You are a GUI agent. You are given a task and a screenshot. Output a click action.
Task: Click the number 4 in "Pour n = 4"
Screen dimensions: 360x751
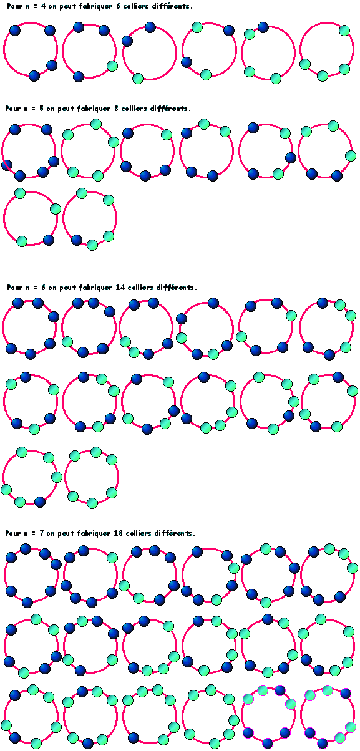pos(43,6)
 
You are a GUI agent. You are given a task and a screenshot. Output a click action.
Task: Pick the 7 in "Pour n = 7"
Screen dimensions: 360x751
pos(41,533)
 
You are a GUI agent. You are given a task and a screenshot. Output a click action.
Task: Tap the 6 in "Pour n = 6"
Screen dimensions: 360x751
pos(43,288)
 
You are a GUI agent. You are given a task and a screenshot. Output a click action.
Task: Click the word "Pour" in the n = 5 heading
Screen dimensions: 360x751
pos(12,109)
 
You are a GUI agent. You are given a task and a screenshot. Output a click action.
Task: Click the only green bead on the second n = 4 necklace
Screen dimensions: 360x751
pos(112,66)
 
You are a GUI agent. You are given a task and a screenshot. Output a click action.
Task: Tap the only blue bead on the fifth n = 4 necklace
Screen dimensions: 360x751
pos(263,27)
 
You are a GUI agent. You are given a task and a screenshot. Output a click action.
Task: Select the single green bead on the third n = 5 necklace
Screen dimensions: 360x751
pos(167,135)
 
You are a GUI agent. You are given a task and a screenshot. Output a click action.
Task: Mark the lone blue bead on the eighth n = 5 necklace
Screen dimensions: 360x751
pos(77,240)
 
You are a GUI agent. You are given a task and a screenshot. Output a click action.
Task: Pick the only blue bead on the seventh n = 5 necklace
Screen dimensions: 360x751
pos(49,240)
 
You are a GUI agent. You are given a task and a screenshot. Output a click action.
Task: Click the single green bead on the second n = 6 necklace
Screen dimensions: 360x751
pos(67,342)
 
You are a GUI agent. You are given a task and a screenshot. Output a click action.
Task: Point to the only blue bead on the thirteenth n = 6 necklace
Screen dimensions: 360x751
pos(39,502)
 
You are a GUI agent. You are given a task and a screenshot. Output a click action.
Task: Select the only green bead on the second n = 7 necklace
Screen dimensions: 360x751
pos(112,558)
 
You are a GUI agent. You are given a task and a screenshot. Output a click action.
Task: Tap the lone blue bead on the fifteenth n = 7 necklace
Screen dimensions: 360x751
pos(134,738)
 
